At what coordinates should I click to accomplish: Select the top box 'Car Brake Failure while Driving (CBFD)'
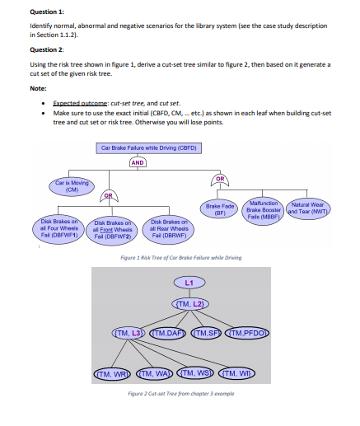click(150, 148)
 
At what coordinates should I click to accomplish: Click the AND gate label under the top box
click(138, 162)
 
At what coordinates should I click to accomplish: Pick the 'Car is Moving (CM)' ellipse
click(72, 185)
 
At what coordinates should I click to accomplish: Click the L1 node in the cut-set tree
click(189, 283)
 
